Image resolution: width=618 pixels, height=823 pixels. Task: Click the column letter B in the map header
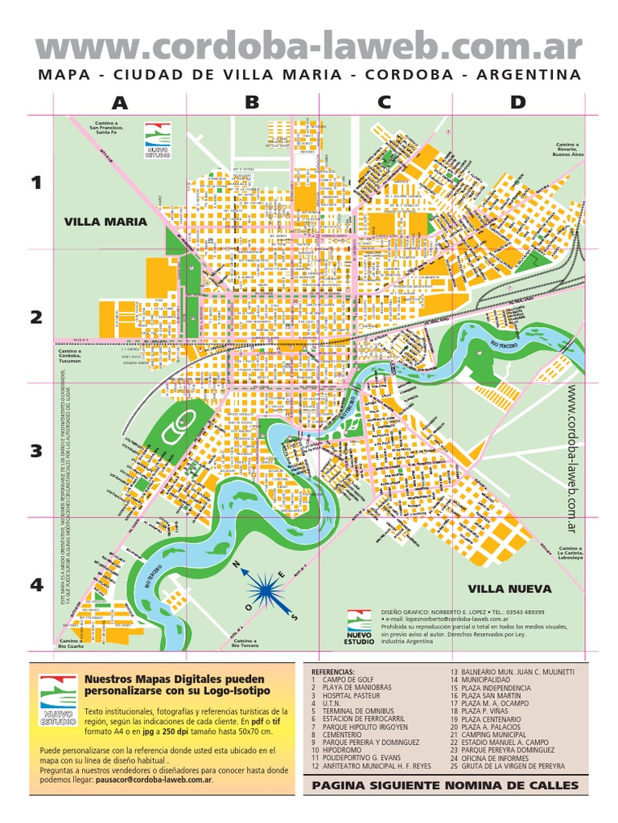[252, 102]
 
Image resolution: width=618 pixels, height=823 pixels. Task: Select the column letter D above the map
[517, 102]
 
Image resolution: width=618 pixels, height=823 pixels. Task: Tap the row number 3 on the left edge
[35, 451]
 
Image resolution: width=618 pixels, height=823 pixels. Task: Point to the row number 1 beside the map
[35, 183]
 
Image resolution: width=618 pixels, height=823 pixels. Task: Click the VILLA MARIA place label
[105, 222]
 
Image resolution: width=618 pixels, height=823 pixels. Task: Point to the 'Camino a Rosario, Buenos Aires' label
[566, 149]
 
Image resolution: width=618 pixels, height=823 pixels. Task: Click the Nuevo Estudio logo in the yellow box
[58, 699]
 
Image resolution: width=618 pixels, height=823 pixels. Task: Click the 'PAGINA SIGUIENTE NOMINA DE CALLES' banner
[445, 785]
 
